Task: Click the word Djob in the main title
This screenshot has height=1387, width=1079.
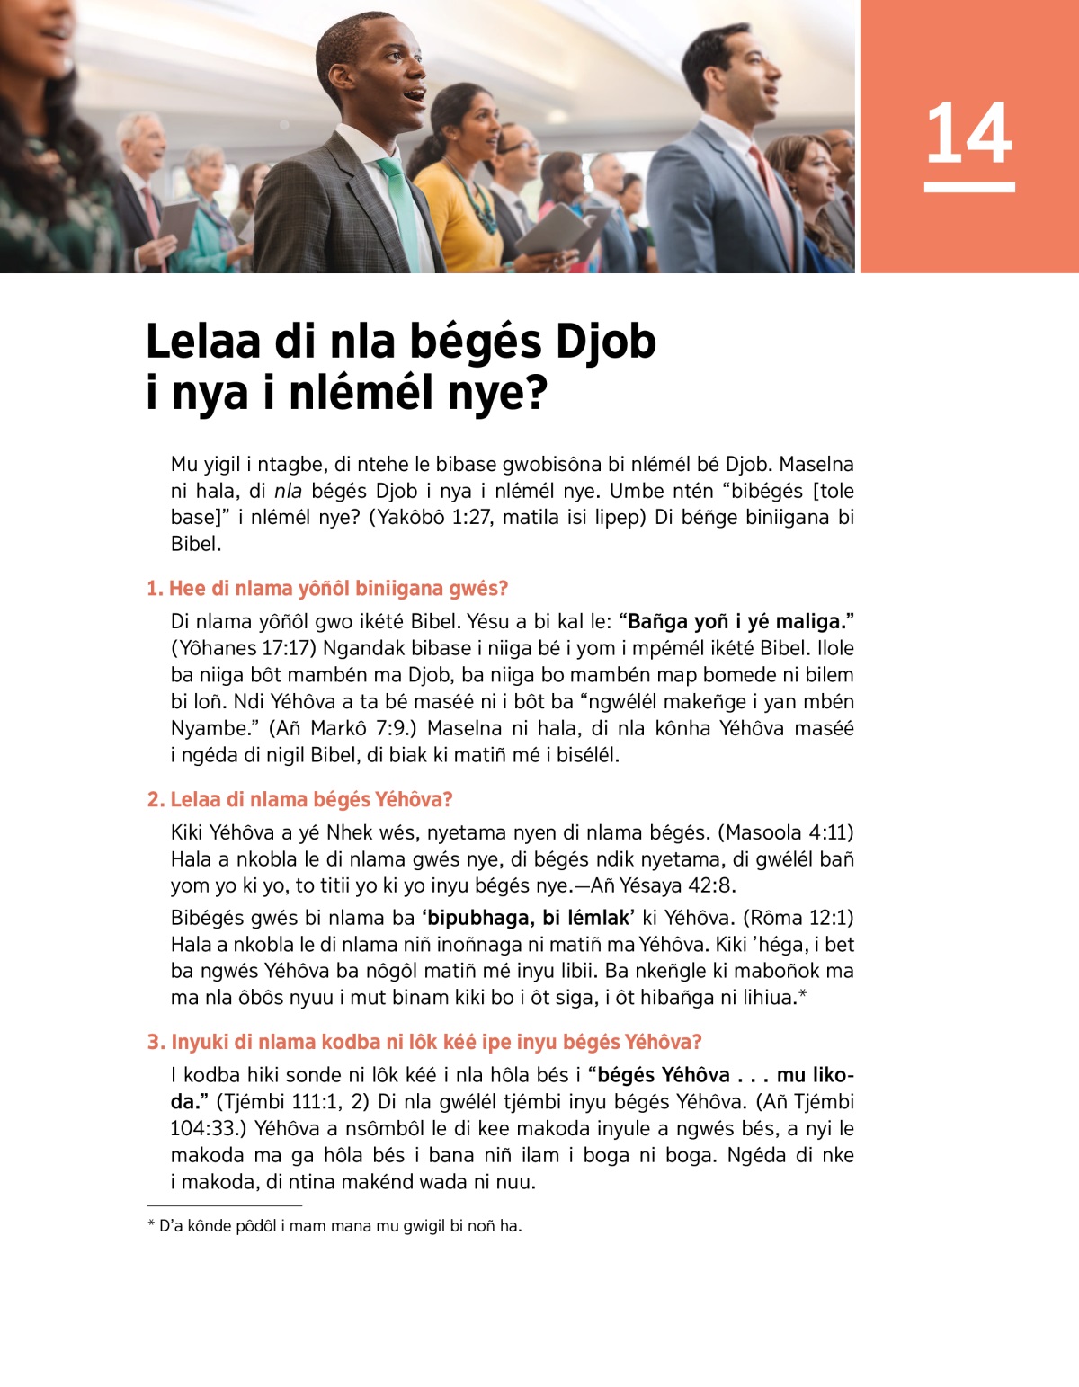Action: [x=605, y=342]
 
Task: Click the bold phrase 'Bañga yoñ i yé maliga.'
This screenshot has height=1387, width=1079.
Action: [x=736, y=621]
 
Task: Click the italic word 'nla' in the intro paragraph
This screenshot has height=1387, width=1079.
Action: [x=288, y=491]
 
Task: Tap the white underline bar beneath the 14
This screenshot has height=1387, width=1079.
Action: [x=968, y=187]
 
